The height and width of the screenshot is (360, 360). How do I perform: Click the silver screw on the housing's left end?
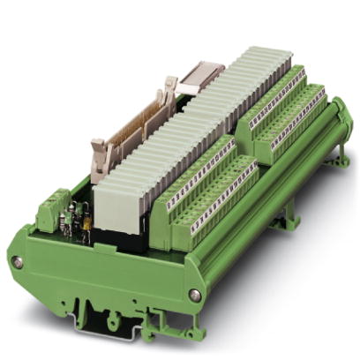click(16, 262)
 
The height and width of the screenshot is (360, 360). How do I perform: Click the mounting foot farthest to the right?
click(339, 168)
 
